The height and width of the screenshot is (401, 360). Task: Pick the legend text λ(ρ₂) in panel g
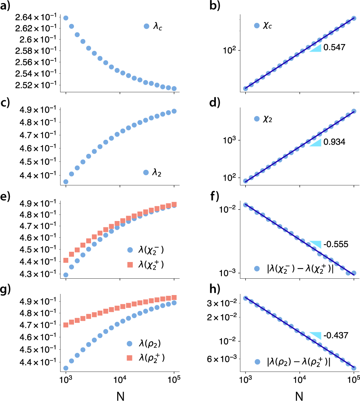146,343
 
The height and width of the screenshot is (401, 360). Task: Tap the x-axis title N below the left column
120,394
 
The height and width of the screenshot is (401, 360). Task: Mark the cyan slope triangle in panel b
316,48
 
